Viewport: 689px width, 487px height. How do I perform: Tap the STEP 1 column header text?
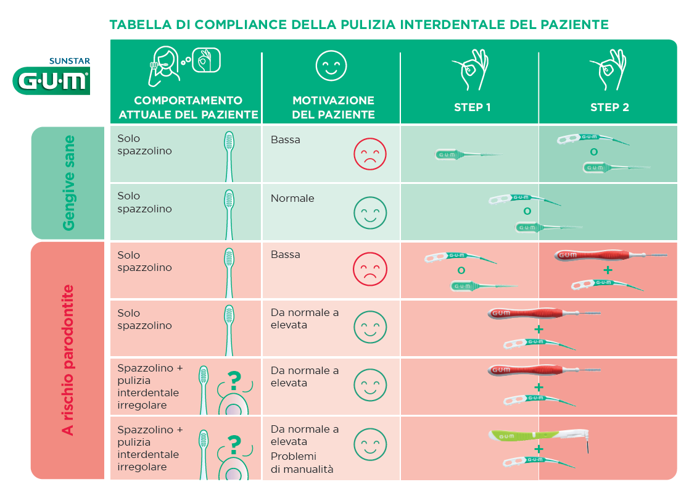pyautogui.click(x=472, y=107)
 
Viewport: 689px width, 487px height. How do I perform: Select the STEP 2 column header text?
pyautogui.click(x=609, y=107)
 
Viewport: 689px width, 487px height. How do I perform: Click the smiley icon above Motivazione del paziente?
pyautogui.click(x=331, y=66)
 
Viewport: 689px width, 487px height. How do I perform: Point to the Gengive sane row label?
pyautogui.click(x=68, y=183)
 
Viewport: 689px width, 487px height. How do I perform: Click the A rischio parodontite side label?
pyautogui.click(x=68, y=360)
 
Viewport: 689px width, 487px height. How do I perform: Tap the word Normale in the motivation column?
pyautogui.click(x=292, y=198)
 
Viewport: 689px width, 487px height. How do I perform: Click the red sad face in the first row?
pyautogui.click(x=370, y=154)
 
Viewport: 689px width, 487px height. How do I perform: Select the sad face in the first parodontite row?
pyautogui.click(x=370, y=269)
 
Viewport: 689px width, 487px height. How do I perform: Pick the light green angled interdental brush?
pyautogui.click(x=538, y=438)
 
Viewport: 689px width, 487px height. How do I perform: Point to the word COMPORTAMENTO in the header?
pyautogui.click(x=188, y=101)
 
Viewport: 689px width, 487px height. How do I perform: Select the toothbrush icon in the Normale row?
pyautogui.click(x=229, y=215)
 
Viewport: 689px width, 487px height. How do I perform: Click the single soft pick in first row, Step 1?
pyautogui.click(x=468, y=154)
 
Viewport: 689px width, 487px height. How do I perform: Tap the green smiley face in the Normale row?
pyautogui.click(x=370, y=213)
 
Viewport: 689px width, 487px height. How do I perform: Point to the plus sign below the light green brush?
pyautogui.click(x=538, y=449)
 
